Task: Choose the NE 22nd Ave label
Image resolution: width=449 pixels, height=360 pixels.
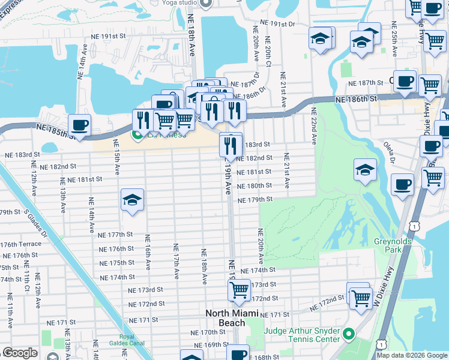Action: point(313,127)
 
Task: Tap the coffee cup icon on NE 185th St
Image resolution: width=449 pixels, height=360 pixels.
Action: point(79,125)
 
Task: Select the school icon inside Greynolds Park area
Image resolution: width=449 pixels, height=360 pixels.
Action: point(364,170)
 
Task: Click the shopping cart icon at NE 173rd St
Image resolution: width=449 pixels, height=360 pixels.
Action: point(239,290)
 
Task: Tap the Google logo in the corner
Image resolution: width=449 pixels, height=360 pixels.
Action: point(20,353)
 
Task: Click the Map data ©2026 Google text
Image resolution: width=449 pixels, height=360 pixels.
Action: point(412,355)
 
